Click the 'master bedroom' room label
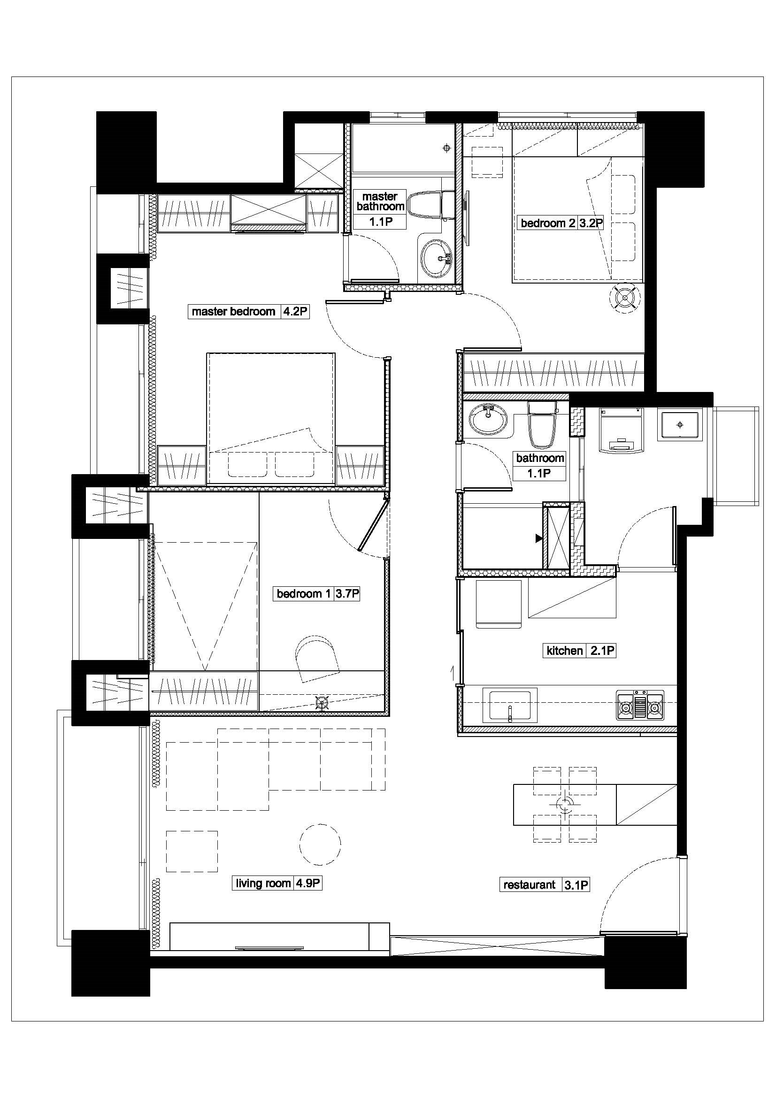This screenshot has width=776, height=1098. [233, 312]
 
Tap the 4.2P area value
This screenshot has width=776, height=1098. [294, 312]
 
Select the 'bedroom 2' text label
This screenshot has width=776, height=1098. [548, 223]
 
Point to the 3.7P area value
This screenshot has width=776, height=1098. [347, 593]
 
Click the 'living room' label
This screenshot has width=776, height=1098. [263, 883]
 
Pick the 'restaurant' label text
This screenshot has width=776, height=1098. [530, 885]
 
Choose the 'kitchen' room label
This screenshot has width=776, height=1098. [565, 650]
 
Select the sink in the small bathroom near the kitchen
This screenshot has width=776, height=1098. [488, 419]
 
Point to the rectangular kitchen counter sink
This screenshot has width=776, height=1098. [510, 706]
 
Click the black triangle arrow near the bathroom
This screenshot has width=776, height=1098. [539, 538]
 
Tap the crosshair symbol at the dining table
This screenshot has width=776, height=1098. [565, 806]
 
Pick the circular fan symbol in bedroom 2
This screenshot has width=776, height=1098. [625, 299]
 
